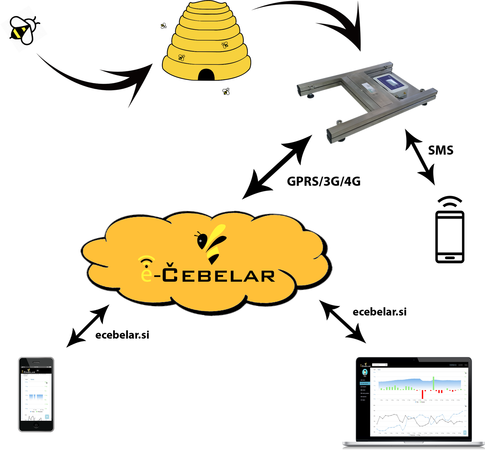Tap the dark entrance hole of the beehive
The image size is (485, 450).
206,75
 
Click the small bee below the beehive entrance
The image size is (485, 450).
226,91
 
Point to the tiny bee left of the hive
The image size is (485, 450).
164,25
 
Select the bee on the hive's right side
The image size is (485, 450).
225,45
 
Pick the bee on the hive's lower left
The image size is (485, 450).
182,58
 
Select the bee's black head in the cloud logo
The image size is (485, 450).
201,241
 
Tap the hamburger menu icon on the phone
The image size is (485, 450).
38,371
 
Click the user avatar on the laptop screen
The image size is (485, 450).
365,372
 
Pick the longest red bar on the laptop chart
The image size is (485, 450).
423,394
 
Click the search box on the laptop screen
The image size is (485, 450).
380,365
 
